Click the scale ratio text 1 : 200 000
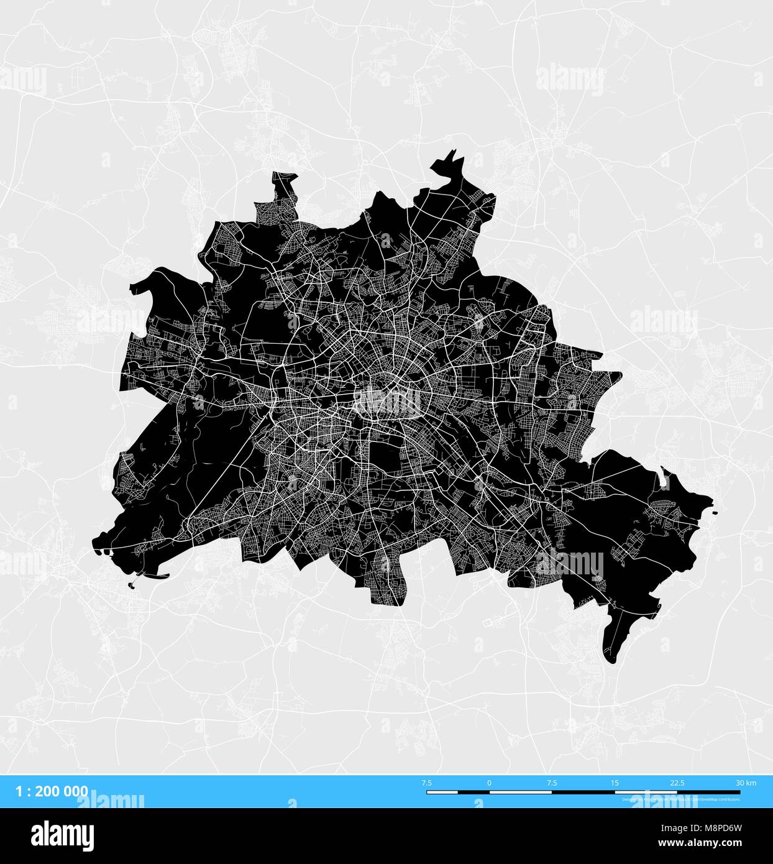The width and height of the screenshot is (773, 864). [x=52, y=791]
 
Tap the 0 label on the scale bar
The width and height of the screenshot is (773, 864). [x=489, y=783]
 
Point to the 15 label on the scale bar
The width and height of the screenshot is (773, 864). [x=615, y=783]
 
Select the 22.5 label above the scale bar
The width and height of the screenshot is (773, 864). [x=677, y=783]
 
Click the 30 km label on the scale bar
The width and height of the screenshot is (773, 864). [x=746, y=783]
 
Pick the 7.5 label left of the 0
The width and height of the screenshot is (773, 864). [x=427, y=783]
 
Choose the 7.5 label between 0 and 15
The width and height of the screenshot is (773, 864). [x=552, y=783]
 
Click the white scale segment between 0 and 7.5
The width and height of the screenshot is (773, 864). [x=520, y=793]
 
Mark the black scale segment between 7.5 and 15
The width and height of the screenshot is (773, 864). [x=583, y=793]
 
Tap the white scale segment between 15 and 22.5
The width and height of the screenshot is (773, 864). [x=646, y=793]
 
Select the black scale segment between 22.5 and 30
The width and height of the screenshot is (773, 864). [x=708, y=793]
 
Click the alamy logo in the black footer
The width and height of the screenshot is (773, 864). [x=62, y=835]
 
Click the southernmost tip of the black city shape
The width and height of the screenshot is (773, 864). [x=611, y=662]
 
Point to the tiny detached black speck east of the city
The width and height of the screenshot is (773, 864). [x=715, y=513]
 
